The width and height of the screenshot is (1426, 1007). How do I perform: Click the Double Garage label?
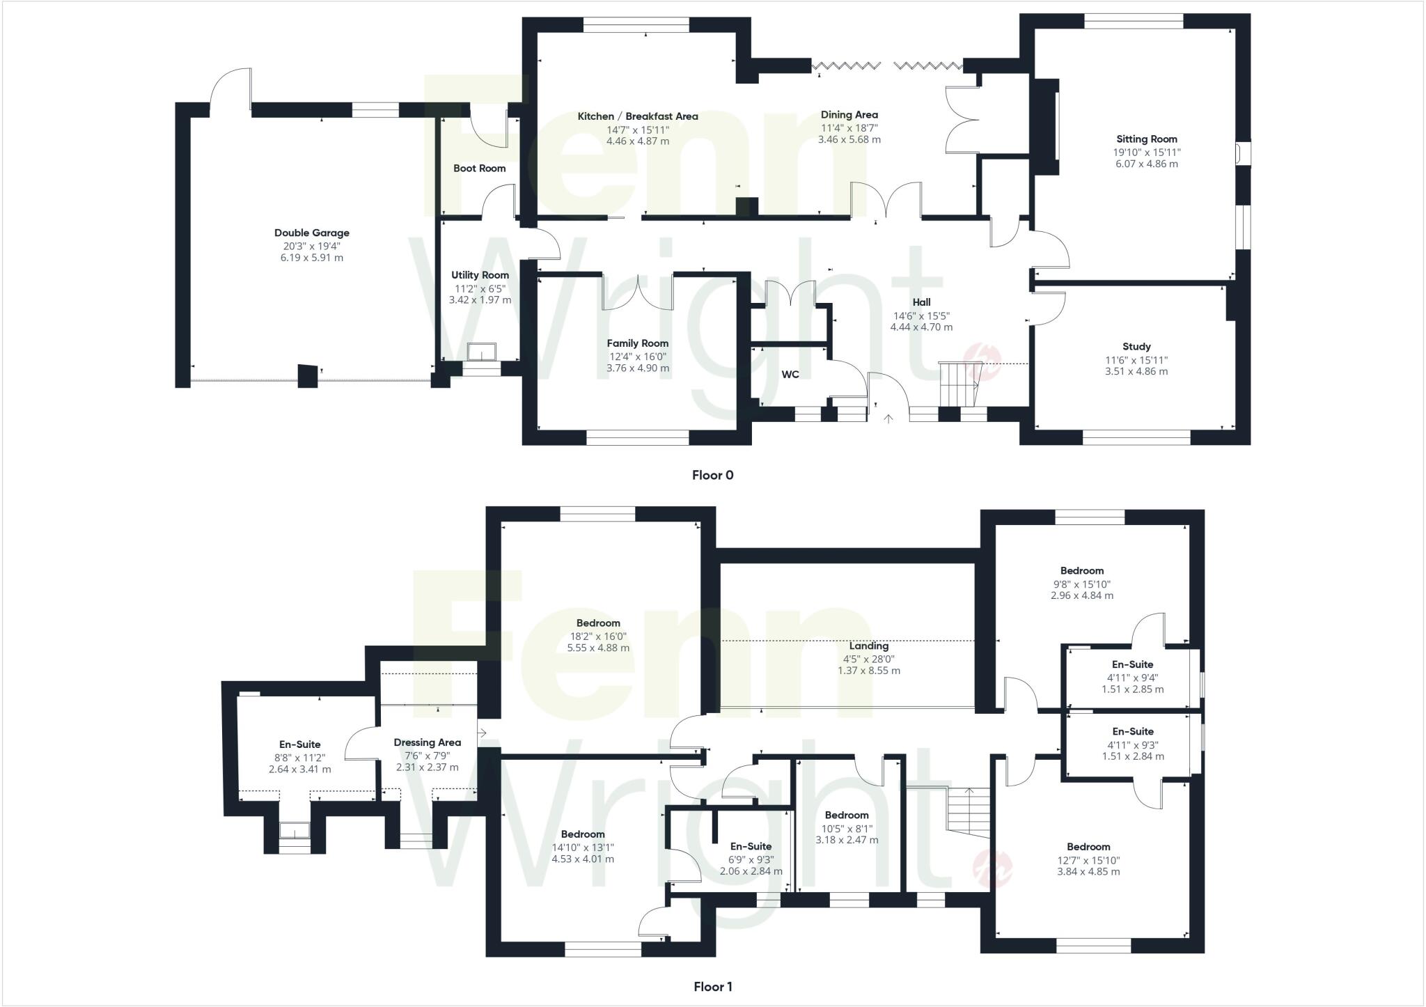click(311, 233)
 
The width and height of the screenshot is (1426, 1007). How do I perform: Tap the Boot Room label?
click(479, 169)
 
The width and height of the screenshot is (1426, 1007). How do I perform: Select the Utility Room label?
click(480, 275)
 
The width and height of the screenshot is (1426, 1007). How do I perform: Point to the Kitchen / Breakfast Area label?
click(637, 116)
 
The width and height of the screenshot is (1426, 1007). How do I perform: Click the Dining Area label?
click(849, 115)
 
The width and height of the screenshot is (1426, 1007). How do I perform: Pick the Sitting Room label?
click(1146, 139)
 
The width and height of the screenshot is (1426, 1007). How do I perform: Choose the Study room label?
click(1136, 347)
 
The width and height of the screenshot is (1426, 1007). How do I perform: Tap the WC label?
click(790, 375)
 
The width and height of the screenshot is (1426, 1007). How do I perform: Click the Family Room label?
click(637, 343)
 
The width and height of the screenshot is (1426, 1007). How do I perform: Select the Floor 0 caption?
click(712, 476)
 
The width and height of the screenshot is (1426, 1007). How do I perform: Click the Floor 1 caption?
click(712, 987)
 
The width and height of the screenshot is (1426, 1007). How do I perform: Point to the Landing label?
click(868, 646)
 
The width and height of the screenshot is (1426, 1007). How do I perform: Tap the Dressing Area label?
click(427, 742)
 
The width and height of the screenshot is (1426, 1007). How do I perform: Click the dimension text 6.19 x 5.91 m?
click(311, 258)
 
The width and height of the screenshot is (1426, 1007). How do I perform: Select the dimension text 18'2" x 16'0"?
click(597, 636)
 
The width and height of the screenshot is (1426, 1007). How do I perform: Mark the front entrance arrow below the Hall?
click(888, 419)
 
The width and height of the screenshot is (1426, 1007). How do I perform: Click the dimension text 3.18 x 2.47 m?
click(847, 840)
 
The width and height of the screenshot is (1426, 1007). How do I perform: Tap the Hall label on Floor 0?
click(921, 302)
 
